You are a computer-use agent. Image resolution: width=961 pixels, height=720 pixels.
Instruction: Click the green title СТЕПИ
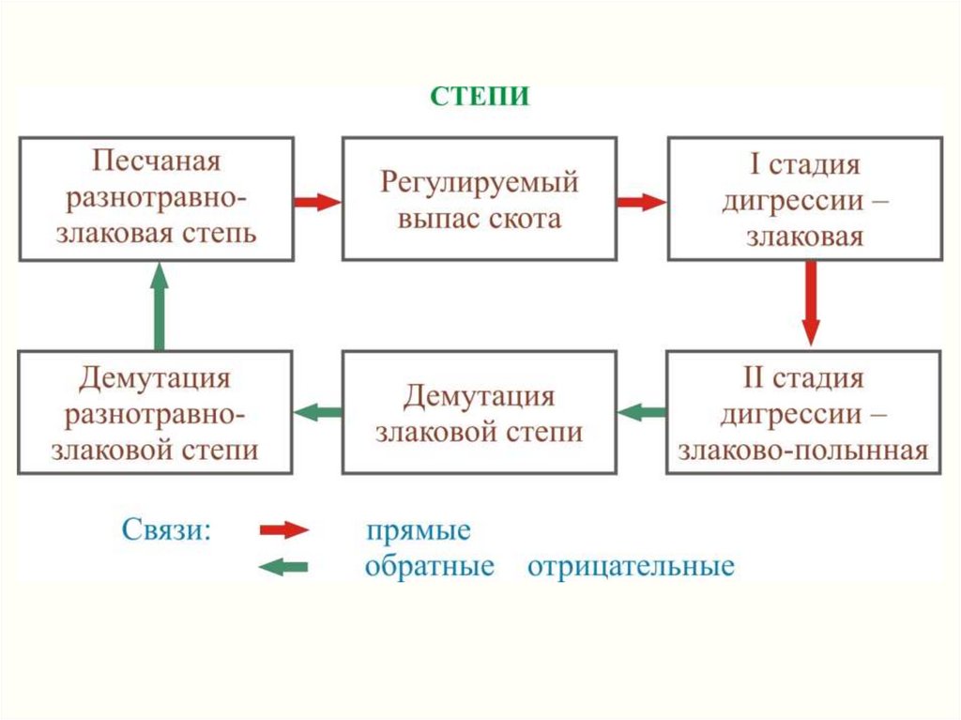(x=480, y=97)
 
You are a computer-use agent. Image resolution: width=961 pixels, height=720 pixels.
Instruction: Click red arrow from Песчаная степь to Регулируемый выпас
(x=318, y=202)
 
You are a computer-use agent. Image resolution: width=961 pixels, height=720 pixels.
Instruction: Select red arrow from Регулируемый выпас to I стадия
(x=642, y=202)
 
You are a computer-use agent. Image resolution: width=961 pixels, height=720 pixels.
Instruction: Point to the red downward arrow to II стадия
(x=811, y=303)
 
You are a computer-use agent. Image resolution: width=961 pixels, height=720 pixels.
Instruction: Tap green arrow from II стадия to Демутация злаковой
(x=642, y=412)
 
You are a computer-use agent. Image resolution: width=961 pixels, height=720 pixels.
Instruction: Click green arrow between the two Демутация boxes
(x=317, y=412)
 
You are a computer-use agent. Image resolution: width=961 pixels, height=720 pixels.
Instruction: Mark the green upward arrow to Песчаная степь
(x=160, y=306)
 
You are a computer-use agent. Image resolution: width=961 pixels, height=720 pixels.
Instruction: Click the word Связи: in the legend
(x=166, y=529)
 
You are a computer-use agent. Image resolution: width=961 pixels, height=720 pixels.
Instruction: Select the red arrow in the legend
(x=284, y=529)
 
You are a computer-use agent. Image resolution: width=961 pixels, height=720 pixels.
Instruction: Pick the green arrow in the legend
(x=283, y=567)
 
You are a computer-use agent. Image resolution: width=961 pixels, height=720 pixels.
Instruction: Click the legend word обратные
(x=430, y=566)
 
